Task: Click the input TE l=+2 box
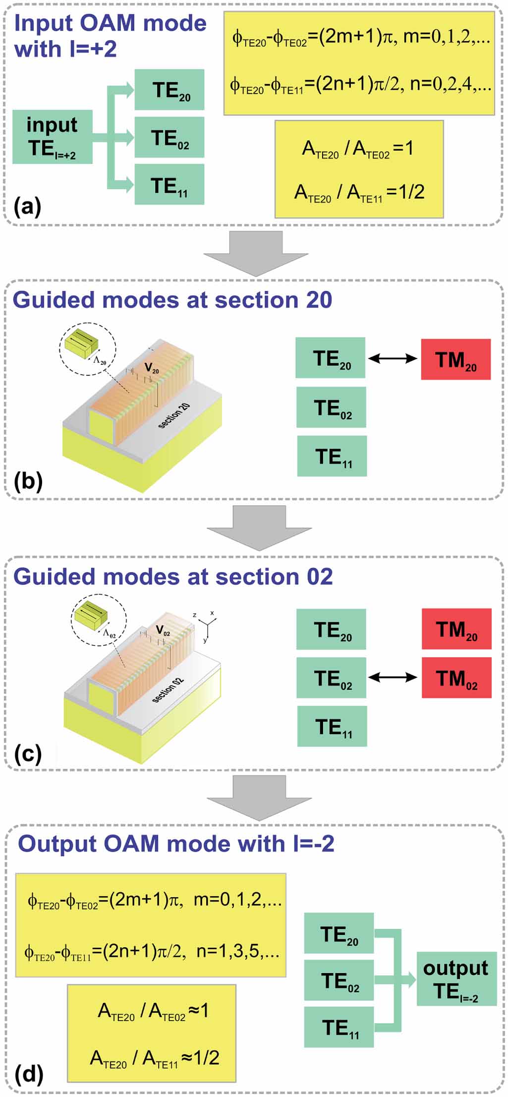tap(52, 137)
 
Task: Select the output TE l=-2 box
tap(456, 979)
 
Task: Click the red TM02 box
tap(456, 678)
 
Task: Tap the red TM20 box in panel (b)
tap(455, 359)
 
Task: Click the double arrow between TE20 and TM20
tap(393, 358)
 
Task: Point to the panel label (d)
tap(29, 1073)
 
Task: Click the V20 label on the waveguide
tap(152, 368)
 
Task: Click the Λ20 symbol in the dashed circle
tap(100, 361)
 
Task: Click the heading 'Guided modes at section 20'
tap(172, 300)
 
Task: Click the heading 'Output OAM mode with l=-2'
tap(176, 843)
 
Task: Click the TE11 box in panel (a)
tap(169, 185)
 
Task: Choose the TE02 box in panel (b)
tap(331, 407)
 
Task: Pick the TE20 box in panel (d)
tap(339, 933)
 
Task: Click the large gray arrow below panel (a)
tap(256, 253)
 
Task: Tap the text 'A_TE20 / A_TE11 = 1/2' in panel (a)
tap(359, 192)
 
